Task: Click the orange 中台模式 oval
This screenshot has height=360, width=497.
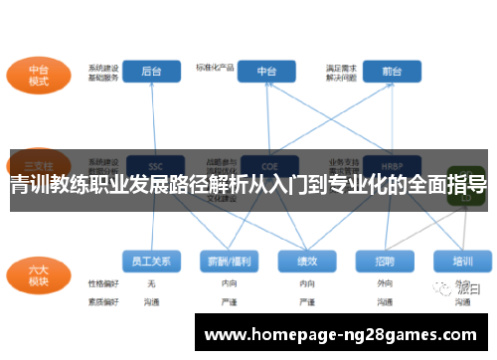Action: click(x=39, y=76)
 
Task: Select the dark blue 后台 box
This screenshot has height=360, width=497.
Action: click(x=152, y=72)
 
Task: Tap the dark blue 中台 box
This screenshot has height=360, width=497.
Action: click(x=266, y=72)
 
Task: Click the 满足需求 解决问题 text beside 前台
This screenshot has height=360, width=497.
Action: click(x=339, y=72)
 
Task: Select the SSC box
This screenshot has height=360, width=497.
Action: click(x=155, y=166)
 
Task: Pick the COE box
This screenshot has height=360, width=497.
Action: click(x=267, y=166)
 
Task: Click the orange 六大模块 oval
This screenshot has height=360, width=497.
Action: click(x=39, y=272)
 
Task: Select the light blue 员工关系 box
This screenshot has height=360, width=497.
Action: click(x=151, y=262)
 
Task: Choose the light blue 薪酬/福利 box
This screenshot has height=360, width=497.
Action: click(x=229, y=262)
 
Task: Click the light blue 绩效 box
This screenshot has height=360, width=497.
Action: click(x=307, y=262)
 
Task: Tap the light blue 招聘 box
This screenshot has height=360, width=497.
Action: click(x=386, y=262)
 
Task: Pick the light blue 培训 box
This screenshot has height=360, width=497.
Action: click(x=462, y=262)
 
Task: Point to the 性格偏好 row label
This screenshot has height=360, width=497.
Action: click(x=102, y=283)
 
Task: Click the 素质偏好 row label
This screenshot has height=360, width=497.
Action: click(x=102, y=300)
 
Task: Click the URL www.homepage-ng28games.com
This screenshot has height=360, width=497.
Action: click(x=339, y=336)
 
